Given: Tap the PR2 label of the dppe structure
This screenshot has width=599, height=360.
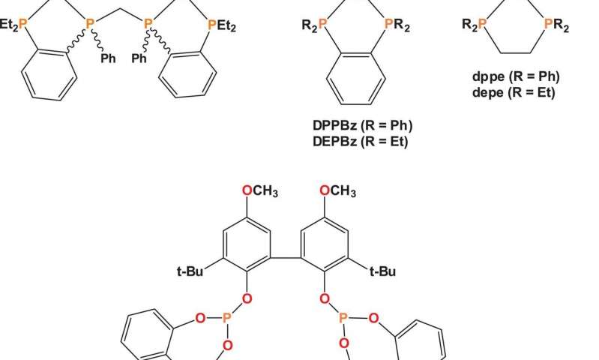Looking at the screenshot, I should coord(556,27).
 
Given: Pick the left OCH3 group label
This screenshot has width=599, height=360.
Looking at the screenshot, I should coord(261,192).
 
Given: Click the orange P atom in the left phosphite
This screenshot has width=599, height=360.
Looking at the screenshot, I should coord(226,318).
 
